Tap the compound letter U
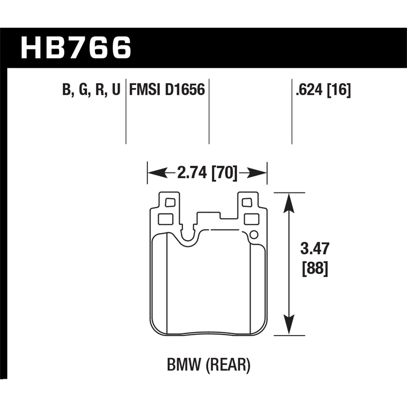(x=116, y=90)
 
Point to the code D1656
(x=185, y=90)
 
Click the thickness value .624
(x=310, y=90)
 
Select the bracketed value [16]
(x=339, y=90)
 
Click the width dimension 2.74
(x=192, y=173)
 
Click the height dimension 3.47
(x=315, y=249)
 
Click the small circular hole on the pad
(x=254, y=234)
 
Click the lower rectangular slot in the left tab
(x=166, y=219)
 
